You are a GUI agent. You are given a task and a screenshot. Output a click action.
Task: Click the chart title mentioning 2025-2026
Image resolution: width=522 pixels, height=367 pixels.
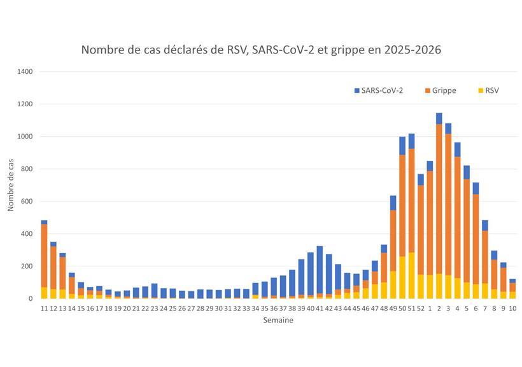coord(261,50)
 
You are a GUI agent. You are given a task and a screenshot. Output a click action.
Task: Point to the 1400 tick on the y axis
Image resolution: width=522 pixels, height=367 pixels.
coord(25,71)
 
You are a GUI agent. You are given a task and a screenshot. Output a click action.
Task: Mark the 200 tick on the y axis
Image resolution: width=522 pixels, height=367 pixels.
coord(27,267)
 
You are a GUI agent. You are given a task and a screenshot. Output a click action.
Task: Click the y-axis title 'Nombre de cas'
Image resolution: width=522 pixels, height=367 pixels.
coord(11,185)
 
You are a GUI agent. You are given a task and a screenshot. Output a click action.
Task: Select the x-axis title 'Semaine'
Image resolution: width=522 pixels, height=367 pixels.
coord(278,321)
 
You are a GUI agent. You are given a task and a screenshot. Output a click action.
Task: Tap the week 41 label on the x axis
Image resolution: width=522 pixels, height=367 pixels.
coord(320,308)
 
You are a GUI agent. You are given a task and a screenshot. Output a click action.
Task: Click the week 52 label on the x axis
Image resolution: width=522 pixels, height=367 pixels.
coord(420,308)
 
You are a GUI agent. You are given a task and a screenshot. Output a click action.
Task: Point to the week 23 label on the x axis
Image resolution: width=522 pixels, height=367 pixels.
coord(154,308)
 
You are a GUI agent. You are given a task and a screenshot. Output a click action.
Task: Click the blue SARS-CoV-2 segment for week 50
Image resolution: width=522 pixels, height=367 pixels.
coord(402,146)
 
